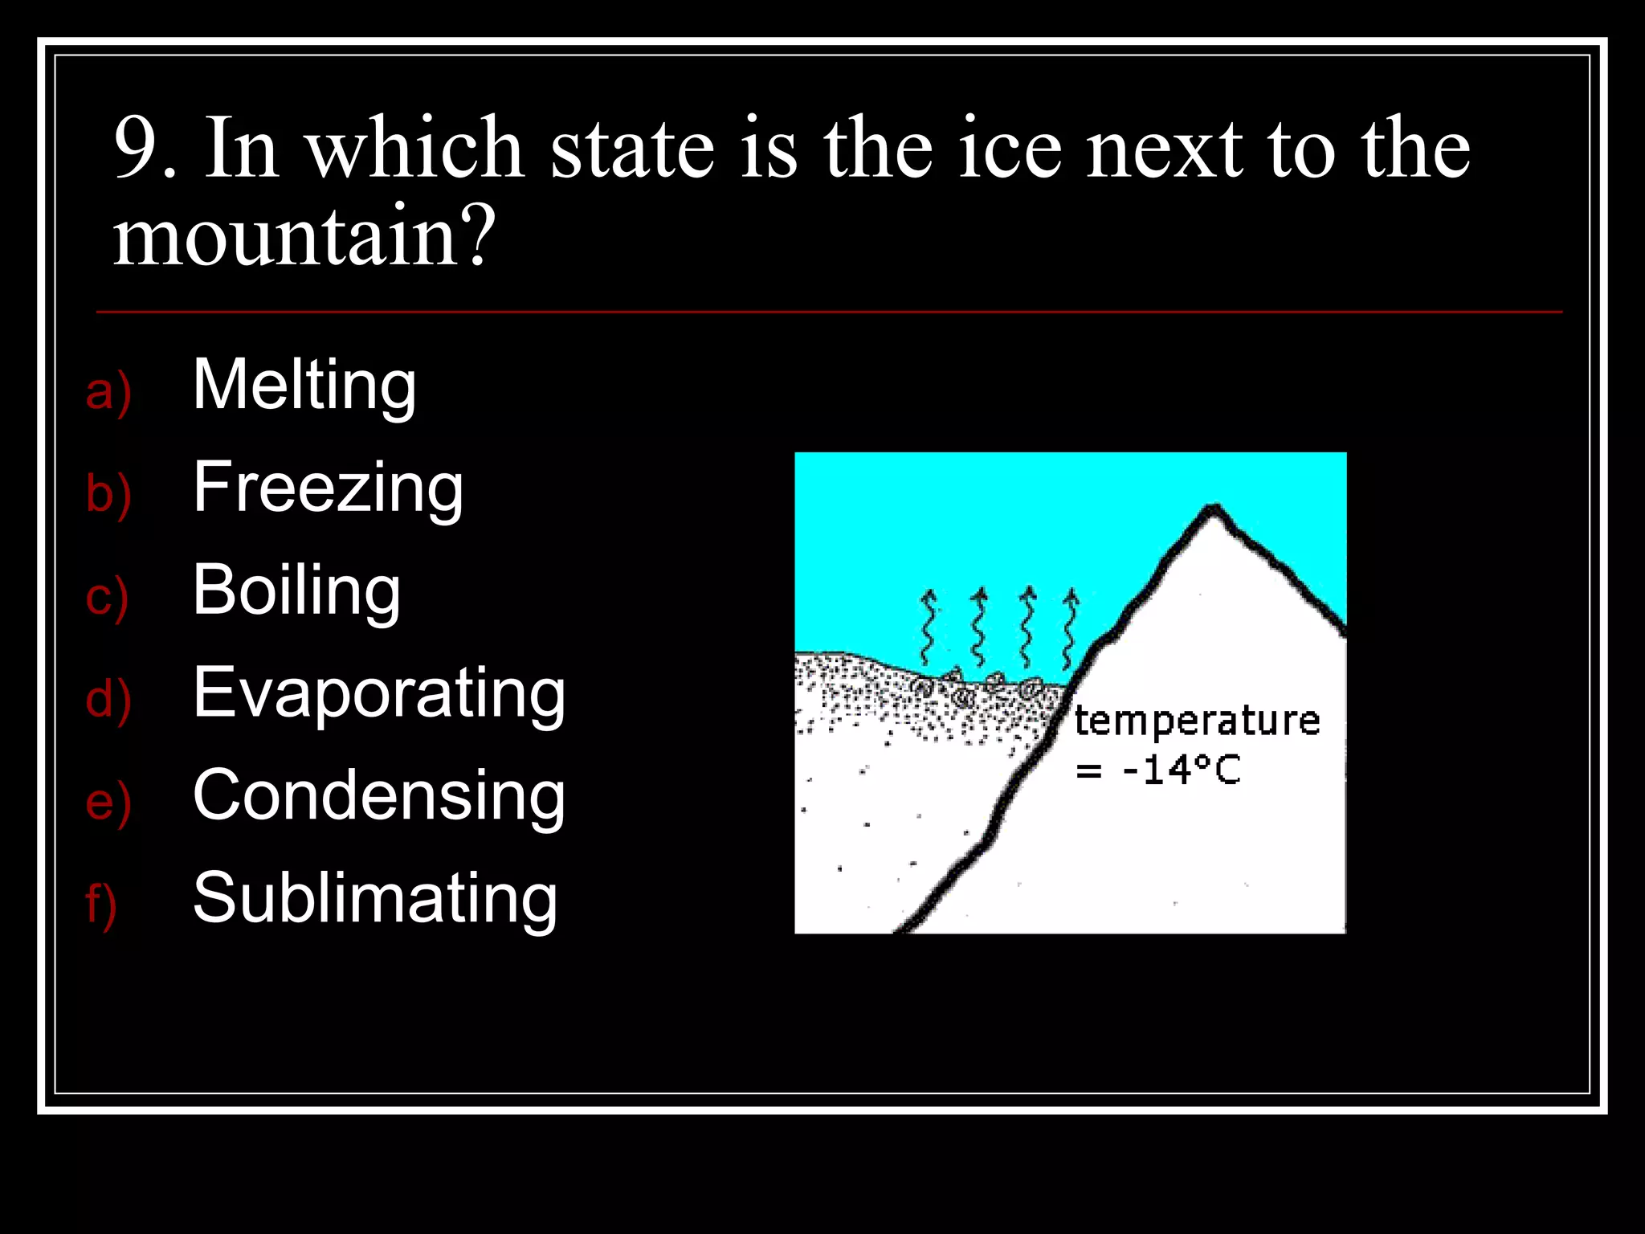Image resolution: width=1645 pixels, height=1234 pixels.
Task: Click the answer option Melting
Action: pyautogui.click(x=304, y=386)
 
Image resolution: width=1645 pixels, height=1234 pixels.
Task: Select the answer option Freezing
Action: pyautogui.click(x=328, y=488)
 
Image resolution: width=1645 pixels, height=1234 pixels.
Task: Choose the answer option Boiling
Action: pyautogui.click(x=296, y=590)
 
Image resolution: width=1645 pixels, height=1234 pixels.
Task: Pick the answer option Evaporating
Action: pyautogui.click(x=379, y=693)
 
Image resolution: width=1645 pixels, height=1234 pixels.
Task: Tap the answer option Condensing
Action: pyautogui.click(x=379, y=795)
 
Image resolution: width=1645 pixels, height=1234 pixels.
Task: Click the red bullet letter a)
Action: pyautogui.click(x=108, y=392)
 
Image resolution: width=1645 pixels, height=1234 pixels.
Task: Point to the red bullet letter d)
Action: pyautogui.click(x=108, y=699)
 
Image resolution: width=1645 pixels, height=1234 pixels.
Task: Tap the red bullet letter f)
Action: pyautogui.click(x=101, y=904)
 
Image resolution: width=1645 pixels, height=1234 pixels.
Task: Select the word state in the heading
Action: pyautogui.click(x=632, y=149)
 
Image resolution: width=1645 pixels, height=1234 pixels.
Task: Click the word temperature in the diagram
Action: pyautogui.click(x=1197, y=720)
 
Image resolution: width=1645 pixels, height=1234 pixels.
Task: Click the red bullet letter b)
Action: pyautogui.click(x=108, y=494)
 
